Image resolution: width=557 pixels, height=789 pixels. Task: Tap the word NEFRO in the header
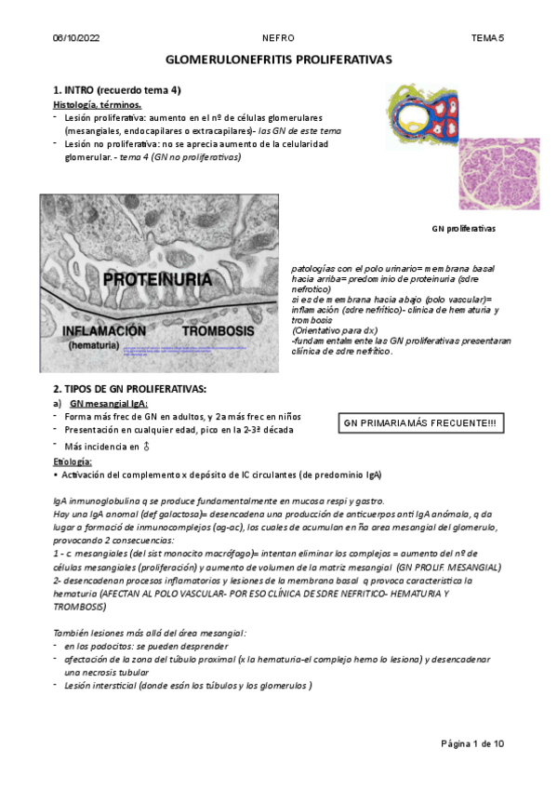pyautogui.click(x=278, y=38)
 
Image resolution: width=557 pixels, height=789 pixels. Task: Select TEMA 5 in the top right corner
pyautogui.click(x=487, y=38)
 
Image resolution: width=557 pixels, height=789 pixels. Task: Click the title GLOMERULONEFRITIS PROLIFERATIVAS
pyautogui.click(x=278, y=60)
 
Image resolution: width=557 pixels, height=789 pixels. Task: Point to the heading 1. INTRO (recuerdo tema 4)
pyautogui.click(x=116, y=90)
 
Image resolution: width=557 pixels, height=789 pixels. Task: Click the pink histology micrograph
pyautogui.click(x=498, y=174)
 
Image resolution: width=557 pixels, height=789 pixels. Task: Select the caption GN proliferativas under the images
pyautogui.click(x=463, y=228)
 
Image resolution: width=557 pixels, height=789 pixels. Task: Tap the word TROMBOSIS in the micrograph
pyautogui.click(x=219, y=330)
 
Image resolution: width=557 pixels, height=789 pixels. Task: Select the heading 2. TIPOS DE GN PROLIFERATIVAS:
pyautogui.click(x=129, y=387)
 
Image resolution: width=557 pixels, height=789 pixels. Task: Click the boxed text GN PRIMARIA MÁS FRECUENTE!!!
pyautogui.click(x=419, y=423)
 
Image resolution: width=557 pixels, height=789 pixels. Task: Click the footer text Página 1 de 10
pyautogui.click(x=472, y=743)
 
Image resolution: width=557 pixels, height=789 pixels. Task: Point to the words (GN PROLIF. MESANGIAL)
pyautogui.click(x=448, y=567)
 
